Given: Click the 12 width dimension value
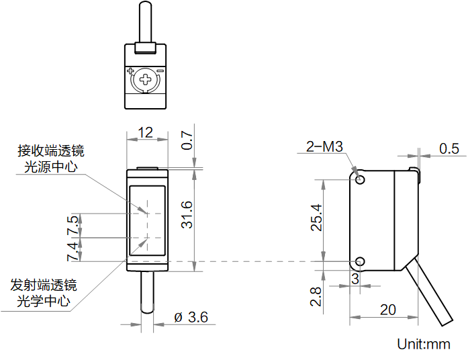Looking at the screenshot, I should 146,132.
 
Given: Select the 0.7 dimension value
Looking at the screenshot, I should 187,141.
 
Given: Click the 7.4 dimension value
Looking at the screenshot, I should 72,250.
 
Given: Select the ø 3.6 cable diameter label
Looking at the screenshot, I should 191,317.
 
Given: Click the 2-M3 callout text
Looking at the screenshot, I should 324,146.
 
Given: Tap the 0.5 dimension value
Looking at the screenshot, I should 449,148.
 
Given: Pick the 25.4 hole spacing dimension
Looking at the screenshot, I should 317,218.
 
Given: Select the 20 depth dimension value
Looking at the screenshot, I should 387,310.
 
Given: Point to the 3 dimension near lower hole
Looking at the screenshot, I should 355,277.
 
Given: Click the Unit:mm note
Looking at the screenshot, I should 424,345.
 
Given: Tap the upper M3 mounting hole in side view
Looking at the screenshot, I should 361,180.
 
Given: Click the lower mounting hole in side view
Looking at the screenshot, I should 361,261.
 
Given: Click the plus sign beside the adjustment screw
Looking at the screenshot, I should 130,71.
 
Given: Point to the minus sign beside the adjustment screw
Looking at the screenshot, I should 160,71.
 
